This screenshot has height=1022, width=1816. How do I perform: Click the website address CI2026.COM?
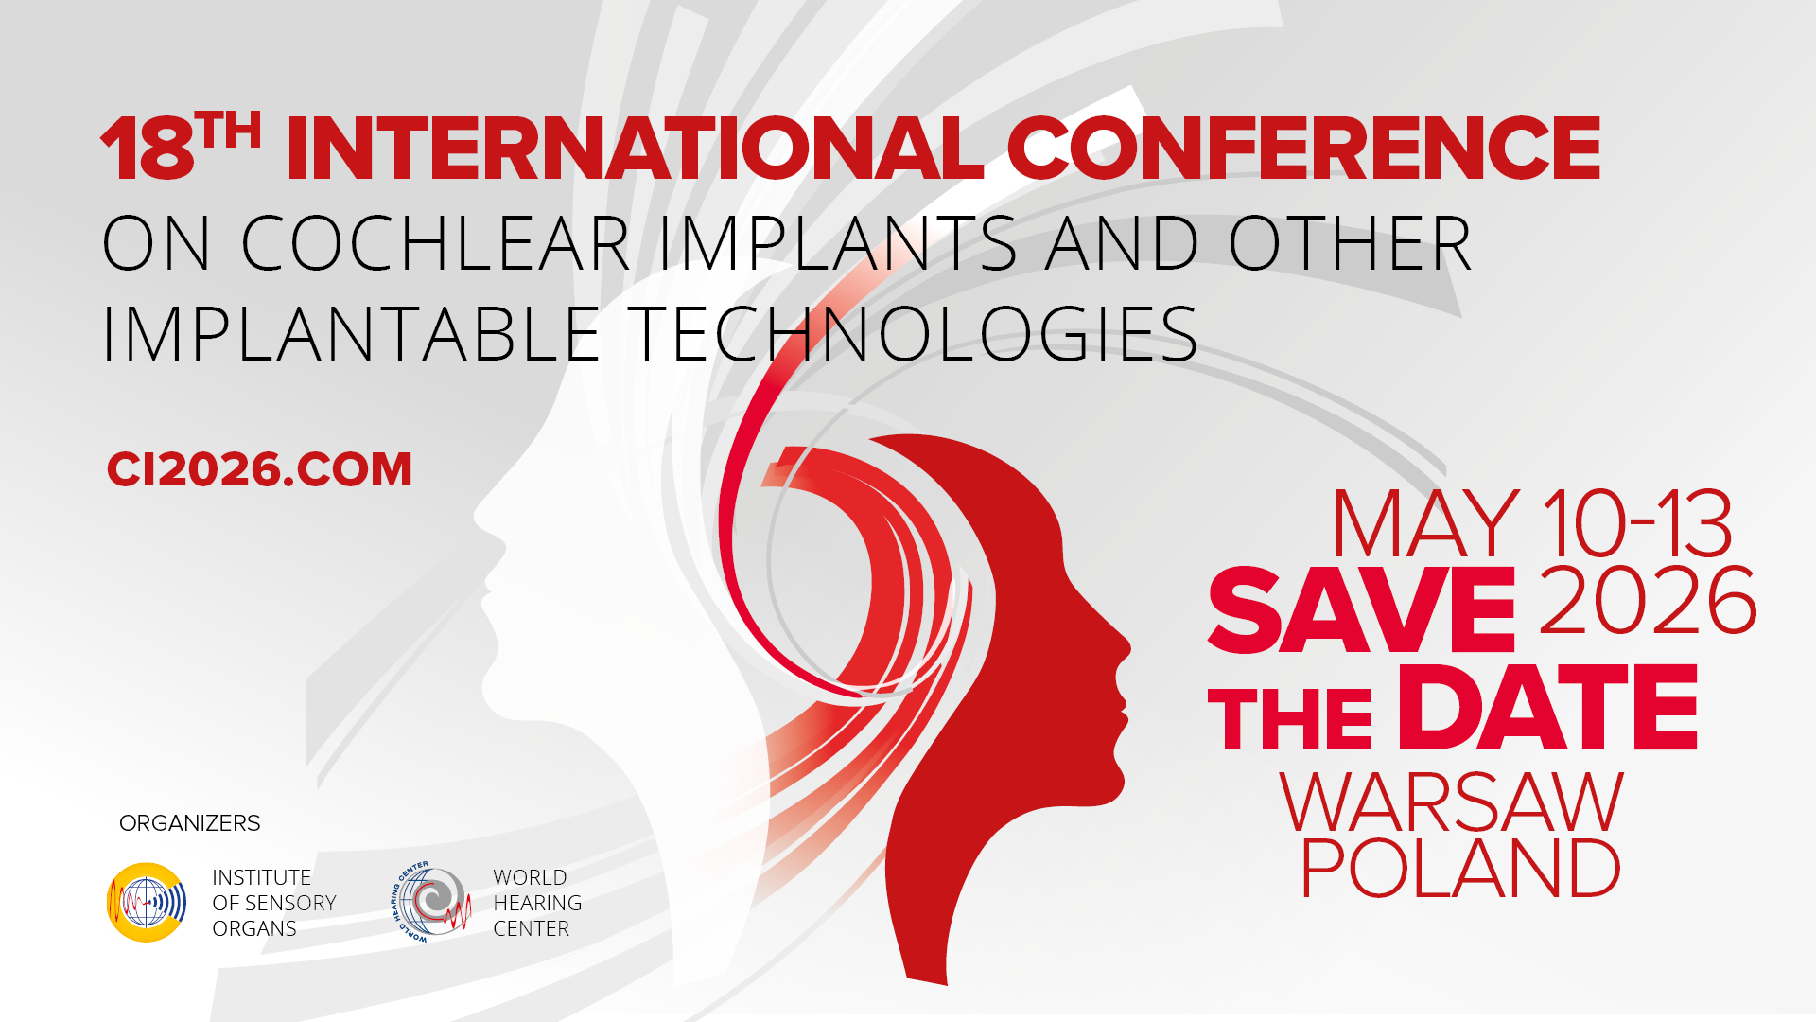pos(259,469)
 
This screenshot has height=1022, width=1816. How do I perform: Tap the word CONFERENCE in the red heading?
pos(1303,148)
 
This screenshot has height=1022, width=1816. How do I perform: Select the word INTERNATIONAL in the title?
pos(636,148)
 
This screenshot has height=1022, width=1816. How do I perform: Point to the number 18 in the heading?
pos(148,149)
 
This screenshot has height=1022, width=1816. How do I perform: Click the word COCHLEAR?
pos(436,243)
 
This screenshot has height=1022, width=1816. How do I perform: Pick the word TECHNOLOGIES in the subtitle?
pos(913,335)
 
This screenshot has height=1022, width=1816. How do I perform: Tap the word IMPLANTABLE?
pos(351,335)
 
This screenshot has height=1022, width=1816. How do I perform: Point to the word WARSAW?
pos(1452,802)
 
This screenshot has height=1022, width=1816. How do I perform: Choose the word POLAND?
pos(1461,867)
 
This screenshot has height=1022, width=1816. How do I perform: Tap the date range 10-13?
pos(1637,523)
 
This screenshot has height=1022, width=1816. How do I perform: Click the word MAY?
pos(1426,523)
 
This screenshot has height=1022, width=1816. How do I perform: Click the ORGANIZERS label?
pos(189,823)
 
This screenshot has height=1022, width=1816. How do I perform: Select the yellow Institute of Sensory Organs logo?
pos(147,902)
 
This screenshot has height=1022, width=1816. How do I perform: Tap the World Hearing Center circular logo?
pos(432,902)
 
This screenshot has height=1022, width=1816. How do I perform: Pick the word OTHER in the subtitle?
pos(1350,243)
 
